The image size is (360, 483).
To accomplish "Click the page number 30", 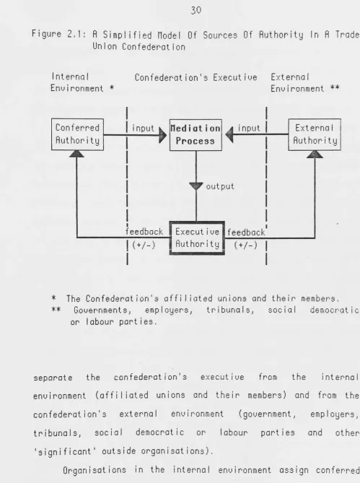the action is click(196, 11).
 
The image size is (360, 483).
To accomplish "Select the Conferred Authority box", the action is click(77, 134).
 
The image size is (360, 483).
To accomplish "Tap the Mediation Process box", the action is click(196, 135).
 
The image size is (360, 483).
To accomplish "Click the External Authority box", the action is click(315, 134).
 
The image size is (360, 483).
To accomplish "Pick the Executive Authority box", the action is click(197, 238).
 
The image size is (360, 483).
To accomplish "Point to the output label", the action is click(220, 187).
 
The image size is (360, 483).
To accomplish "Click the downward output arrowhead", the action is click(196, 186).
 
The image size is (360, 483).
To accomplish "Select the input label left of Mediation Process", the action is click(143, 129).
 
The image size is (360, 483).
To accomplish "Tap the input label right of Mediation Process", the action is click(249, 128).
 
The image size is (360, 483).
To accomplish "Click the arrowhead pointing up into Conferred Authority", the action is click(76, 154).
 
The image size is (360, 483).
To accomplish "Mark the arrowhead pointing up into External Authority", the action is click(315, 154).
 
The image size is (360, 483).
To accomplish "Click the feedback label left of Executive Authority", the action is click(144, 232).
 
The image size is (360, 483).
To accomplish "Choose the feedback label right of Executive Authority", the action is click(246, 232).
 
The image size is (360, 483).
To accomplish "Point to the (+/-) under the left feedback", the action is click(144, 245).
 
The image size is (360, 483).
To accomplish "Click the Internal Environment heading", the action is click(82, 82).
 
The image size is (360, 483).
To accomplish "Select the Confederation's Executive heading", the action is click(196, 77).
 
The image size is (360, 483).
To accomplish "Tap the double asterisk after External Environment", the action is click(335, 88).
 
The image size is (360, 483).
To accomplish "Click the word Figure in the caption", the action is click(46, 34).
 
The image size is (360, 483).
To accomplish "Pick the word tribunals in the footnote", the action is click(230, 310).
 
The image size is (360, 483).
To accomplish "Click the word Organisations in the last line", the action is click(95, 470).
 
